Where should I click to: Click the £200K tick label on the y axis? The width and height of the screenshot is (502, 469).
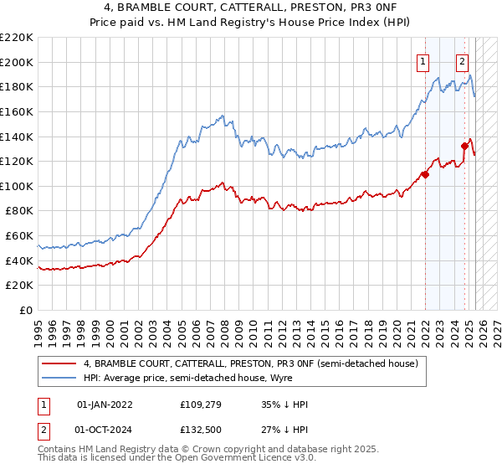click(18, 62)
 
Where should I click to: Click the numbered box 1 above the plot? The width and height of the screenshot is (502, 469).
click(423, 60)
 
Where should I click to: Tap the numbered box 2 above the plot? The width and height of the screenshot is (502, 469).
click(462, 60)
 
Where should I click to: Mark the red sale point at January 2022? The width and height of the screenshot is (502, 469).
click(425, 174)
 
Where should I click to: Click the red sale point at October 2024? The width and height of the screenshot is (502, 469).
click(464, 146)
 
